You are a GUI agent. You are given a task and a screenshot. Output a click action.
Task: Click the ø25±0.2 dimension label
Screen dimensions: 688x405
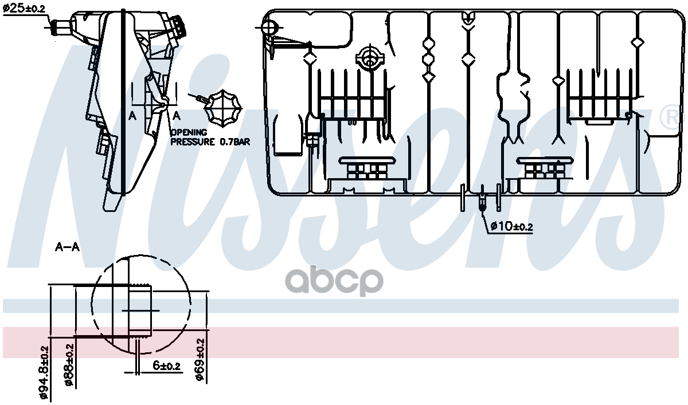click(24, 8)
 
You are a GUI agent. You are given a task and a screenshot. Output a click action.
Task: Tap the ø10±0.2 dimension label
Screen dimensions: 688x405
click(511, 227)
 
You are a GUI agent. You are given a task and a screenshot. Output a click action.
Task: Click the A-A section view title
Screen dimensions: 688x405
click(67, 247)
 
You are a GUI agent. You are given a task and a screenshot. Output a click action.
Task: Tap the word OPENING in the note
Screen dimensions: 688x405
click(189, 132)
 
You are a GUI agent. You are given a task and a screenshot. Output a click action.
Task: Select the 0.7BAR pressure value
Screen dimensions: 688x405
click(235, 141)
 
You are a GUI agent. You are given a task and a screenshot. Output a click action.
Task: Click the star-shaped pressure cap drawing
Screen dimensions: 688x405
click(224, 108)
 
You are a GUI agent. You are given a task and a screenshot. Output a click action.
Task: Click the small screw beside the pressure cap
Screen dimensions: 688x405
click(198, 99)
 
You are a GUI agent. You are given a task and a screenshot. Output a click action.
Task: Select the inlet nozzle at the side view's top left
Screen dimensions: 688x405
click(59, 26)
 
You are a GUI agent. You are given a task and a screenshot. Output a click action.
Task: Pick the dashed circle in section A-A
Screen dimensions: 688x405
click(140, 304)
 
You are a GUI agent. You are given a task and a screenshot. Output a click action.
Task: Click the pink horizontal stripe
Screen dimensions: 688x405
click(401, 342)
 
